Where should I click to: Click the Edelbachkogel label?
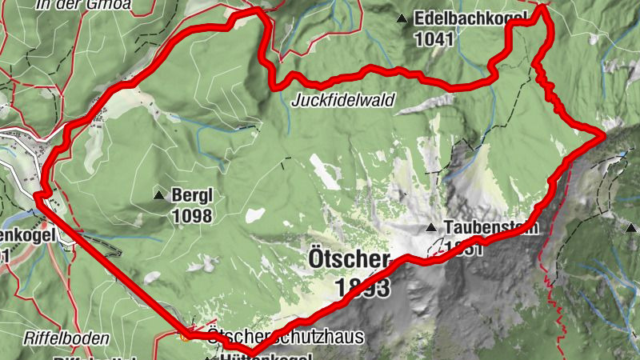pos(470,18)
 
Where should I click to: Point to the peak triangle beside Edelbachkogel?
pos(401,18)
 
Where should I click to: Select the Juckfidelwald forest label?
pos(344,101)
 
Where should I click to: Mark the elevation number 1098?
pos(191,215)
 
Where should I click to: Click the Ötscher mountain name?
pos(348,260)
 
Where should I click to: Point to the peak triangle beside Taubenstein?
pos(431,227)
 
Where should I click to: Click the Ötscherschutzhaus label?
pos(285,338)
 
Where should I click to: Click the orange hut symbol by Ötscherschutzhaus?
pos(186,336)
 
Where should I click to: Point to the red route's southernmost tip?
pos(250,354)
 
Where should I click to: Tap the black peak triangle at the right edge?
pos(629,228)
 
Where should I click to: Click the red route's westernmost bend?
pos(37,194)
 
